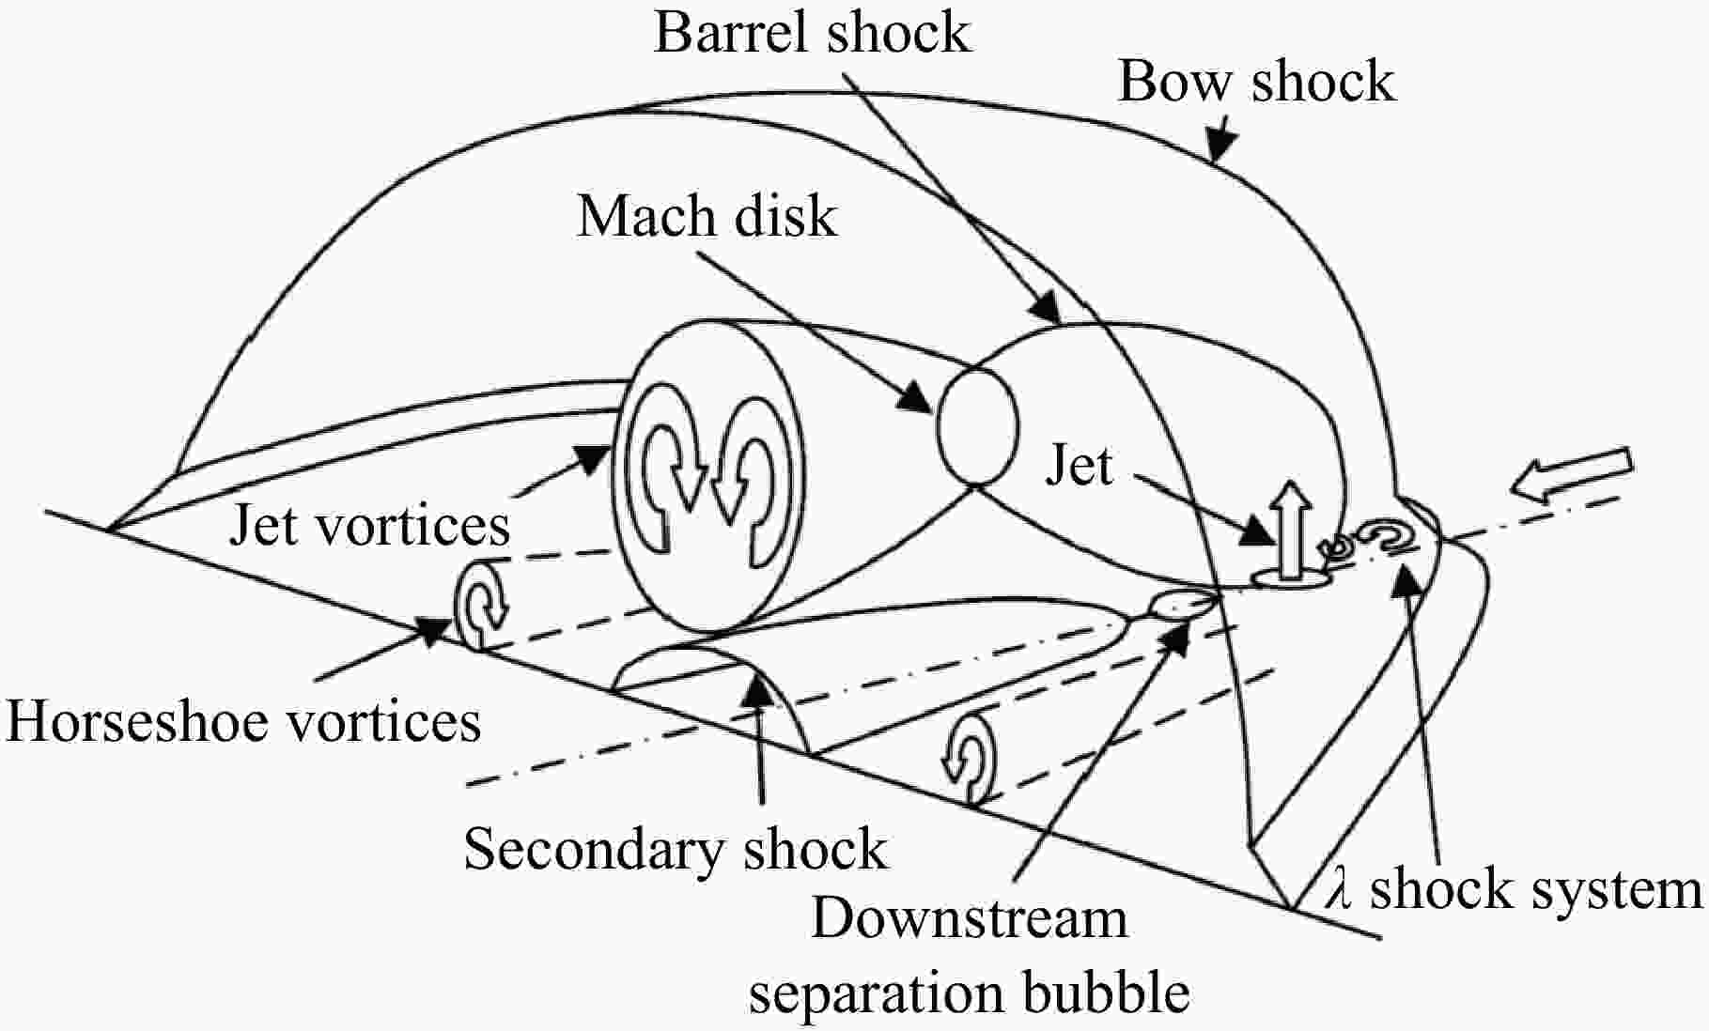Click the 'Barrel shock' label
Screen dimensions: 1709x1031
812,33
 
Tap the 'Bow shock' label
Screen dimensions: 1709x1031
1255,81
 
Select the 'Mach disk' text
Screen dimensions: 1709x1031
707,217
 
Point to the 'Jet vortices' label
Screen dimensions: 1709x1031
369,524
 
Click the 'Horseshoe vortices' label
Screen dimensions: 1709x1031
243,721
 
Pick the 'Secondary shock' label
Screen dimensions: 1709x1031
676,850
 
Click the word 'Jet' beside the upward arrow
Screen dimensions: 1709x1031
1079,465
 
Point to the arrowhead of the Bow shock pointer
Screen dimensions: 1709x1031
1221,144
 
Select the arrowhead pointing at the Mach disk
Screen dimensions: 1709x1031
913,396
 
